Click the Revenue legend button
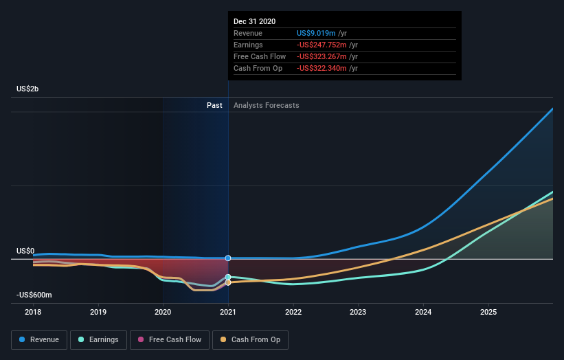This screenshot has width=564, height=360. pos(39,339)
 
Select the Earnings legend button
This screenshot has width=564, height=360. pos(98,339)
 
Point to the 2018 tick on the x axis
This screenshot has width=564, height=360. pos(33,311)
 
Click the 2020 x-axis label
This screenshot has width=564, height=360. pos(163,311)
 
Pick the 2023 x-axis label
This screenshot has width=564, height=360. pos(358,311)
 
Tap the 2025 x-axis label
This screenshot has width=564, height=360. pos(488,311)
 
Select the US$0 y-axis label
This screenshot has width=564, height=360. pos(25,251)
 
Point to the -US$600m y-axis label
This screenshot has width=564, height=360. pos(34,295)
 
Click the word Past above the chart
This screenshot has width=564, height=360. pos(214,105)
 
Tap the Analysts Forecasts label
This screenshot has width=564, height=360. pos(267,105)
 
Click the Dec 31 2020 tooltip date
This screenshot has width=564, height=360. pos(254,21)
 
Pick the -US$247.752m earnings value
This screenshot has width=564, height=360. pos(322,45)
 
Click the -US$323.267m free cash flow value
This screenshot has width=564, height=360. pos(322,56)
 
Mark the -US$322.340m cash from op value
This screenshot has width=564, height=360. pos(322,68)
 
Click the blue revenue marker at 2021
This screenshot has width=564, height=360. pos(228,258)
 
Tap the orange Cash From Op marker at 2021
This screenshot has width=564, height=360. pos(228,282)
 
